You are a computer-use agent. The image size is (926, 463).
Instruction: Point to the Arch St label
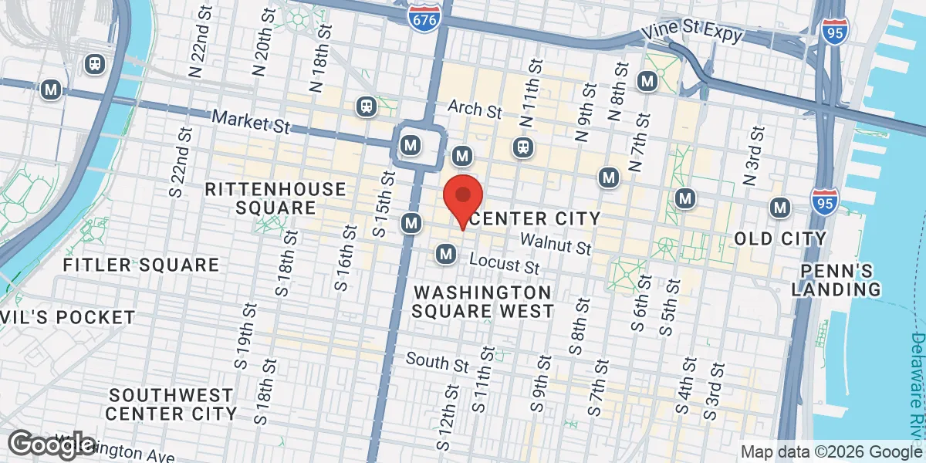click(475, 109)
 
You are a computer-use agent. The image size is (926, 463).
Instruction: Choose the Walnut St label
click(555, 245)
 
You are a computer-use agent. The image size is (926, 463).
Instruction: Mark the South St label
click(437, 362)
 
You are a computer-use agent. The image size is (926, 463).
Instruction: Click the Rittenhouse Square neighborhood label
click(275, 198)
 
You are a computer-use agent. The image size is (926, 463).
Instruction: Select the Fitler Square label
click(141, 265)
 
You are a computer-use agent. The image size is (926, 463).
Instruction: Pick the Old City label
click(780, 238)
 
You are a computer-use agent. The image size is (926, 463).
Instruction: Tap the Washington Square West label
click(482, 302)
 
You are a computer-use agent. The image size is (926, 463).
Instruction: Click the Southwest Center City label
click(171, 404)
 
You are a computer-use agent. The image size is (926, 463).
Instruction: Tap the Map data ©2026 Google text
click(831, 451)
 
